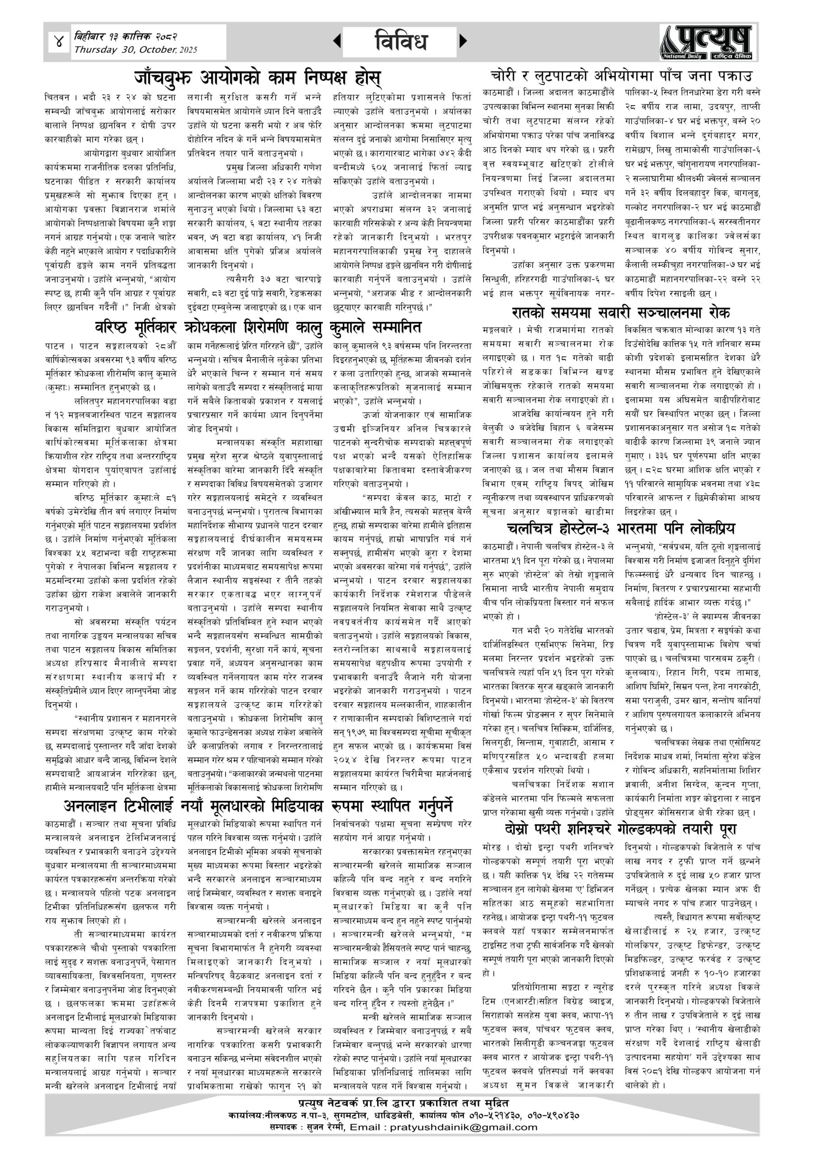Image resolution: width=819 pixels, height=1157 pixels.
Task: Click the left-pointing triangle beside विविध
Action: [337, 41]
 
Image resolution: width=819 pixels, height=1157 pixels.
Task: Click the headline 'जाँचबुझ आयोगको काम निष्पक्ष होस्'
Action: [257, 78]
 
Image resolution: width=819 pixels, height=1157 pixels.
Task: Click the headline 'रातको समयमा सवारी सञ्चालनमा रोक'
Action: [620, 312]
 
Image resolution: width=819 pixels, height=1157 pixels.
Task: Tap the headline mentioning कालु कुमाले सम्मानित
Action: [258, 328]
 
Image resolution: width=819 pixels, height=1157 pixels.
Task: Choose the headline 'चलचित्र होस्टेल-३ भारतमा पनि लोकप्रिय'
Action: [620, 529]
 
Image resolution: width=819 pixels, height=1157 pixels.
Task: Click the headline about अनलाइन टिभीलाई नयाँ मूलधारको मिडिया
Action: [258, 806]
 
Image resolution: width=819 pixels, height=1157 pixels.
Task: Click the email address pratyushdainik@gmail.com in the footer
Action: [463, 1127]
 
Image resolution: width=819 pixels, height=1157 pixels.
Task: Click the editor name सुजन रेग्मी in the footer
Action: [325, 1127]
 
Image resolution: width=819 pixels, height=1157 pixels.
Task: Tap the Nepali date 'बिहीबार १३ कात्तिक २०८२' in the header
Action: [126, 37]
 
